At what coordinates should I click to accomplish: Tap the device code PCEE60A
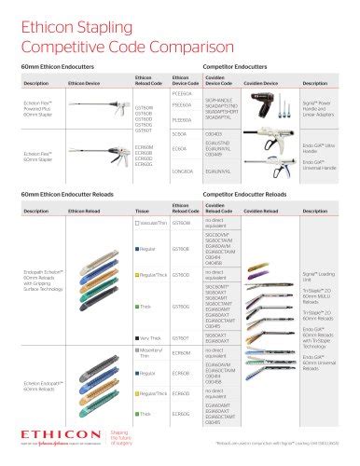click(183, 93)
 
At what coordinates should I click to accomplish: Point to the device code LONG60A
click(183, 171)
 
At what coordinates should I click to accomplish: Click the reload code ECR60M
click(183, 353)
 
